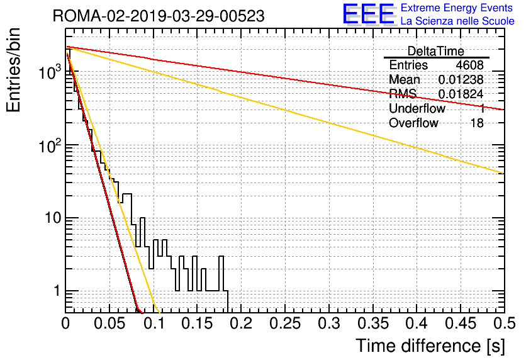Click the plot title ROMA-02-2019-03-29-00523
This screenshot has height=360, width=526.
point(159,16)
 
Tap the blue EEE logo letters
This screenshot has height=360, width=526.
point(369,14)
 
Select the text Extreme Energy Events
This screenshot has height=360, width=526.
point(457,8)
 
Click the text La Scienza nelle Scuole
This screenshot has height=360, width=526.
point(457,21)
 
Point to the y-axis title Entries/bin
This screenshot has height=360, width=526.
point(13,70)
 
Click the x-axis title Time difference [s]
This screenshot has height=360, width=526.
point(430,346)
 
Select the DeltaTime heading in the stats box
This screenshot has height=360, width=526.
point(436,51)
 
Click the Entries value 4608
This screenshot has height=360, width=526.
point(469,65)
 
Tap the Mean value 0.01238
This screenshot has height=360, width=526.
point(461,79)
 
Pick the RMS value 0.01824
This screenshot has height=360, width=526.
point(461,94)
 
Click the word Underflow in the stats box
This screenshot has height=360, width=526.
point(417,108)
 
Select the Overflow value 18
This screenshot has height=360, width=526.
point(477,123)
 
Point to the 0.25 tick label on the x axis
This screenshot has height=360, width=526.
point(285,323)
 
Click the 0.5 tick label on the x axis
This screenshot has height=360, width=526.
point(504,323)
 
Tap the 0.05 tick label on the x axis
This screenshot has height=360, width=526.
point(109,323)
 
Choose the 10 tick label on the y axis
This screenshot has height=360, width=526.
point(52,218)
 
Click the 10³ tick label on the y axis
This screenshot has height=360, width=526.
point(50,72)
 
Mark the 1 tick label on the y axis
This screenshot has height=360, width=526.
point(57,291)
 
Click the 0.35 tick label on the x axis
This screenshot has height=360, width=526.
point(373,323)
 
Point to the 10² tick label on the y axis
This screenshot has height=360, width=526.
point(50,145)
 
